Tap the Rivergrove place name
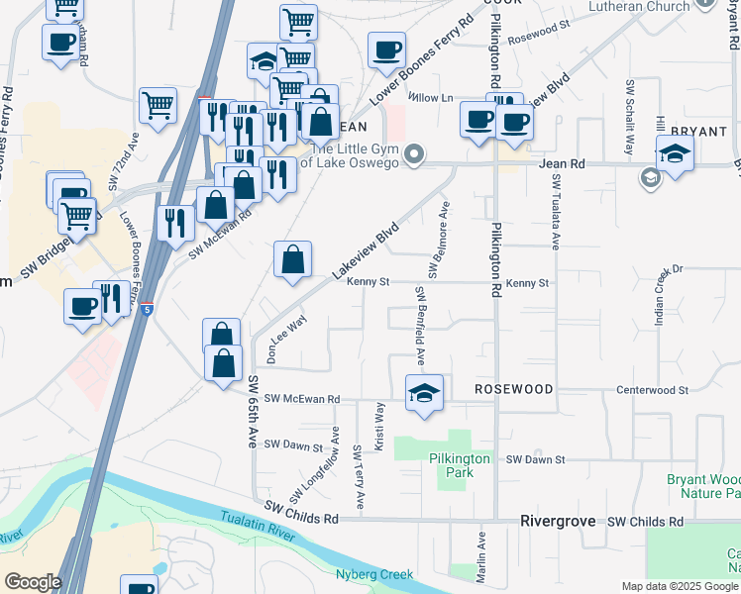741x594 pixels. pyautogui.click(x=560, y=521)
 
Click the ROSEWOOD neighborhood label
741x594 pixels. pyautogui.click(x=513, y=389)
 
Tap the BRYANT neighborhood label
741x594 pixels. pyautogui.click(x=699, y=131)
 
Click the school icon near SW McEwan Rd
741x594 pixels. pyautogui.click(x=424, y=392)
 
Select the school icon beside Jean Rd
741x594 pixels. pyautogui.click(x=675, y=154)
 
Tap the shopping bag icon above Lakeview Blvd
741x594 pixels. pyautogui.click(x=293, y=260)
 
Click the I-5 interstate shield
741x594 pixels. pyautogui.click(x=147, y=310)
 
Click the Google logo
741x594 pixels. pyautogui.click(x=33, y=582)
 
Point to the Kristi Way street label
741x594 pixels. pyautogui.click(x=378, y=423)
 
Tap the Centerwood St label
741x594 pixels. pyautogui.click(x=652, y=390)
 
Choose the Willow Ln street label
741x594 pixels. pyautogui.click(x=432, y=98)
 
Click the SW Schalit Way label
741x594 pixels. pyautogui.click(x=628, y=118)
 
